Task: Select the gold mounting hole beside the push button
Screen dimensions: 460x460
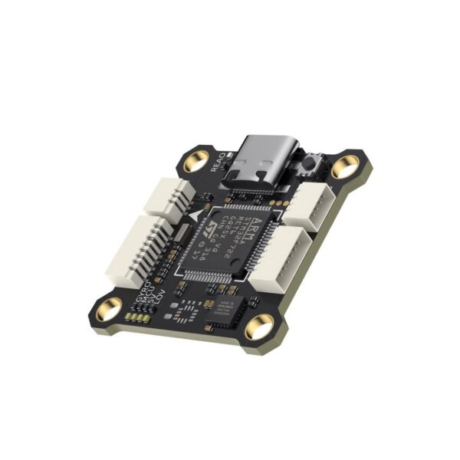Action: (346, 165)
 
